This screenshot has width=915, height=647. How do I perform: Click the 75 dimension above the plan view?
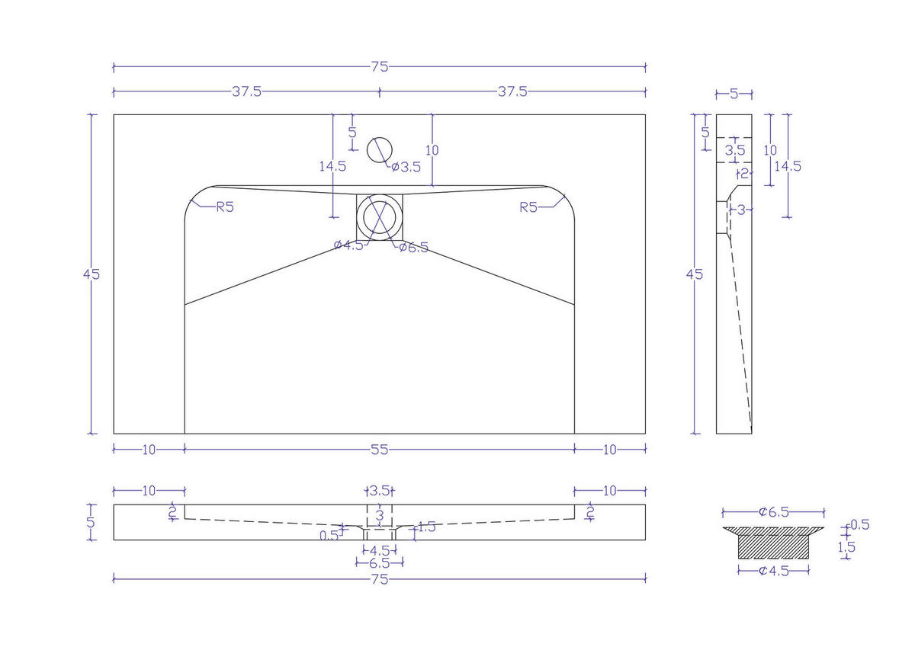pyautogui.click(x=380, y=66)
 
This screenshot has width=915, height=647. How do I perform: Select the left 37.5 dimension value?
pyautogui.click(x=247, y=91)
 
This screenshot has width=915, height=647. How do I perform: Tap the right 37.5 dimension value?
pyautogui.click(x=512, y=91)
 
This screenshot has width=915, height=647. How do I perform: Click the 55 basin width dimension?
pyautogui.click(x=380, y=450)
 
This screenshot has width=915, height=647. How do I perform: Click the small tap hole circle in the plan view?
pyautogui.click(x=379, y=150)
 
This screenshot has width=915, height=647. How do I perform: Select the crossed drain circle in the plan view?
pyautogui.click(x=379, y=216)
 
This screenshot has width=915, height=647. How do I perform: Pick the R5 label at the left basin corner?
pyautogui.click(x=224, y=207)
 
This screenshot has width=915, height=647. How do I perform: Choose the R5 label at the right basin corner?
pyautogui.click(x=530, y=207)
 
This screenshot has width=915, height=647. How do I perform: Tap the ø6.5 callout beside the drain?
pyautogui.click(x=414, y=247)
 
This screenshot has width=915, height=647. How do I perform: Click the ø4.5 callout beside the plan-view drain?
pyautogui.click(x=348, y=245)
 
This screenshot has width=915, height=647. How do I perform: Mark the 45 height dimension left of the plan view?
pyautogui.click(x=91, y=274)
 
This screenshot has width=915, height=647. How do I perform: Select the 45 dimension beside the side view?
pyautogui.click(x=695, y=274)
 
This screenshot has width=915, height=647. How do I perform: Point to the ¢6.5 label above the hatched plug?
pyautogui.click(x=773, y=512)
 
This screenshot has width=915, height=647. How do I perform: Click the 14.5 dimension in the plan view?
pyautogui.click(x=333, y=165)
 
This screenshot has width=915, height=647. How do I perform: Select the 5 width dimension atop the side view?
pyautogui.click(x=734, y=94)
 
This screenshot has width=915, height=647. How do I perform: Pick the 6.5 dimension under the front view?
pyautogui.click(x=379, y=563)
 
